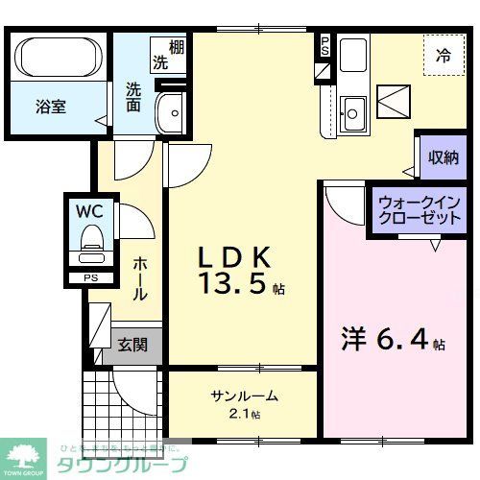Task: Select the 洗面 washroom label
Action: click(x=132, y=98)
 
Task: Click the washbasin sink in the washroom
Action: click(x=172, y=112)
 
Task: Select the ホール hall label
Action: click(x=140, y=278)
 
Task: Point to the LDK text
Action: click(x=236, y=256)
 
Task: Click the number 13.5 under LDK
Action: click(x=232, y=286)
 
